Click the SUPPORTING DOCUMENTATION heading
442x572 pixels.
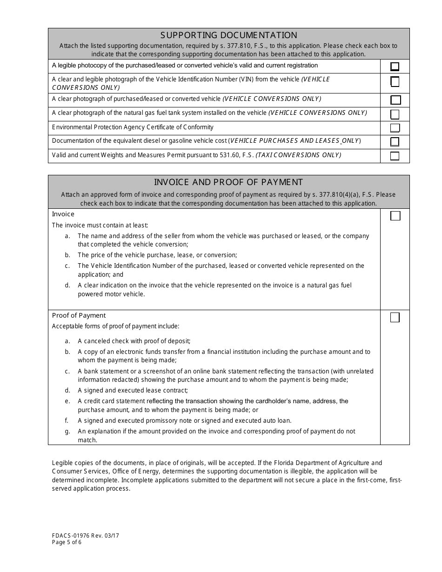tap(228, 35)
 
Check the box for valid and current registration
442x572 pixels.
tap(395, 67)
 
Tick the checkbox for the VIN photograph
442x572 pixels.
tap(395, 82)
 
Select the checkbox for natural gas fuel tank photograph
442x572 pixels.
tap(395, 114)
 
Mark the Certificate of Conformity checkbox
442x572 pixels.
tap(395, 128)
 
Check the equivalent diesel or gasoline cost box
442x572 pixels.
tap(395, 141)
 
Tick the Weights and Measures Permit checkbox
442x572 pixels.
tap(395, 156)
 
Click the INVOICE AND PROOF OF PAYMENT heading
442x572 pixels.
tap(228, 182)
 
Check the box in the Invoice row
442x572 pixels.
tap(395, 216)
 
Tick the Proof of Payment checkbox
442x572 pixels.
tap(395, 318)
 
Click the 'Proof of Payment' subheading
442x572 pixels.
tap(79, 315)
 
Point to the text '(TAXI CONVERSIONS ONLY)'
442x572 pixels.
tap(298, 155)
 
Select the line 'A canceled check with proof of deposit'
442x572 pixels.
tap(134, 341)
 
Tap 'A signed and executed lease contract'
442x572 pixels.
tap(133, 391)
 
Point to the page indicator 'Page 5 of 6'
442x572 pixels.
tap(67, 542)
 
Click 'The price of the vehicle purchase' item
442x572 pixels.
tap(157, 255)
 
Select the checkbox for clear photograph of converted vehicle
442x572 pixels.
tap(395, 100)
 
